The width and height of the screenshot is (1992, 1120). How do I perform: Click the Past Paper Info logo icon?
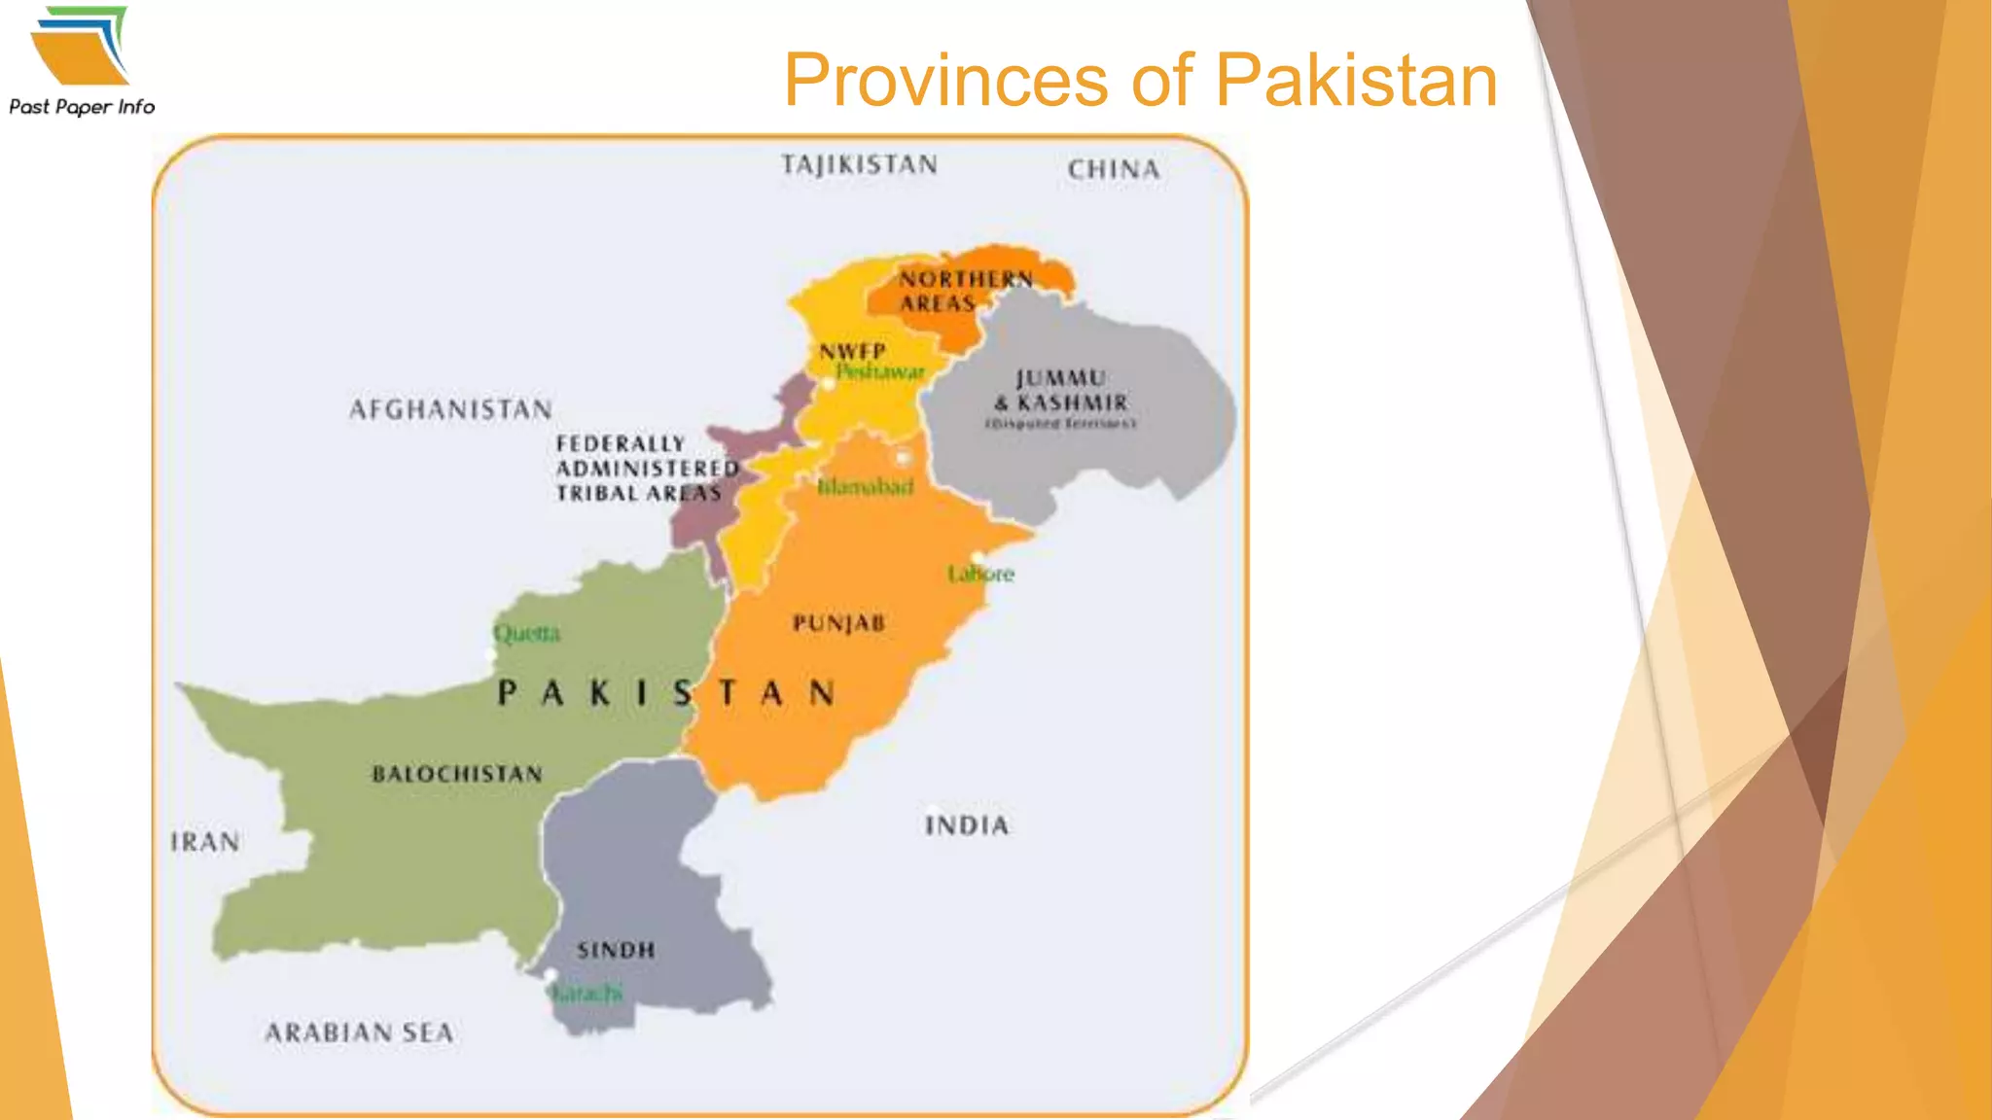point(80,46)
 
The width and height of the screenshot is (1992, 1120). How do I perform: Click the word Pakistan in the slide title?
point(1356,81)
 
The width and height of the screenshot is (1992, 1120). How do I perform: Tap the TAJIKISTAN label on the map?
point(859,165)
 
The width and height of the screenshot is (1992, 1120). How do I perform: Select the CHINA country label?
point(1114,170)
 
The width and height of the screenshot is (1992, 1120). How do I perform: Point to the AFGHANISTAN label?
point(450,409)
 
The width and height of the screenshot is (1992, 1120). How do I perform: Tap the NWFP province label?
point(852,351)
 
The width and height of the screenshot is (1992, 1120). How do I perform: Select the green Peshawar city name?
point(880,372)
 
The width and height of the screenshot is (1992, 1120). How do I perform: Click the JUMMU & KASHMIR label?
point(1060,391)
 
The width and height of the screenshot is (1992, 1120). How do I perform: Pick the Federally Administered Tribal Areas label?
point(644,469)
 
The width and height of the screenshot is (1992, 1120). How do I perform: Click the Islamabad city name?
point(865,486)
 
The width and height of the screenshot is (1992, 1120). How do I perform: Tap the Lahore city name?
point(980,574)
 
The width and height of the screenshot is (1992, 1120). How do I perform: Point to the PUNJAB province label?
point(838,623)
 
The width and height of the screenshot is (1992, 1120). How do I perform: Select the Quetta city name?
point(526,634)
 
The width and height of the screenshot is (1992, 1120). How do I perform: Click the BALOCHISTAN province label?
point(457,774)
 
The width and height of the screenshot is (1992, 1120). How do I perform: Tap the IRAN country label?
point(205,842)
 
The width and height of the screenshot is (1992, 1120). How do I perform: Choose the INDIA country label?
point(967,826)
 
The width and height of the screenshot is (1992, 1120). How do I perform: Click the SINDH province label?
point(616,950)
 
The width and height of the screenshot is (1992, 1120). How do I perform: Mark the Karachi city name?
point(586,994)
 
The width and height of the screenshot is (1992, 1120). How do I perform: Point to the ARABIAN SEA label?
point(360,1032)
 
